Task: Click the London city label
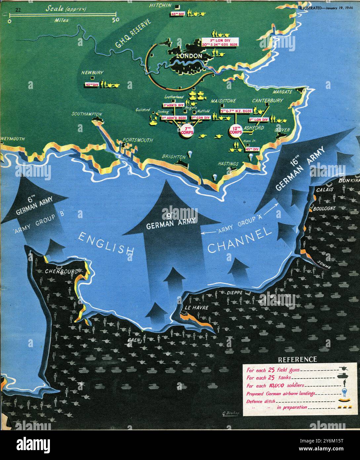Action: click(189, 56)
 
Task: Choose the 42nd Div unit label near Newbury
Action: click(92, 85)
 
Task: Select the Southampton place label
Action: click(87, 114)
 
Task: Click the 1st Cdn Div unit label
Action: click(200, 118)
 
